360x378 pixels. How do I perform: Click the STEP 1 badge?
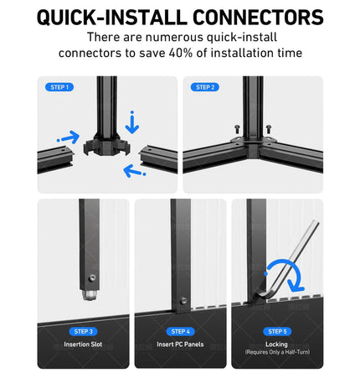[59, 87]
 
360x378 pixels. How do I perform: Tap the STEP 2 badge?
[205, 87]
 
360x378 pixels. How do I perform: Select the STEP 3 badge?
[83, 332]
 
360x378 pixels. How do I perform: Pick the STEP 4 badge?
[180, 332]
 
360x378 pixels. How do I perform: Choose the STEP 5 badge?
[277, 332]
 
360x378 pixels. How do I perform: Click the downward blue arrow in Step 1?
[132, 123]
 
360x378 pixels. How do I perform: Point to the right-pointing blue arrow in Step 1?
[69, 137]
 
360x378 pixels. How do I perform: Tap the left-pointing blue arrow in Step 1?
[134, 171]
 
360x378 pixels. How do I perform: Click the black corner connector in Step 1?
[107, 145]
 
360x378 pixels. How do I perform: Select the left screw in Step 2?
[237, 129]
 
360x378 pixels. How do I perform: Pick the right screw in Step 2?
[268, 129]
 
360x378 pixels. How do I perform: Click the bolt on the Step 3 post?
[91, 277]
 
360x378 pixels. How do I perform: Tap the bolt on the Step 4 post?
[183, 301]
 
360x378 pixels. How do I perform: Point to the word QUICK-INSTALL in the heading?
[112, 18]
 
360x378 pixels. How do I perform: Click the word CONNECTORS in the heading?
[258, 18]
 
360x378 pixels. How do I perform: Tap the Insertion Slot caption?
[83, 344]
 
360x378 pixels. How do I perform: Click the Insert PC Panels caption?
[180, 344]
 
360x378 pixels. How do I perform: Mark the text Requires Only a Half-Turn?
[277, 352]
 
